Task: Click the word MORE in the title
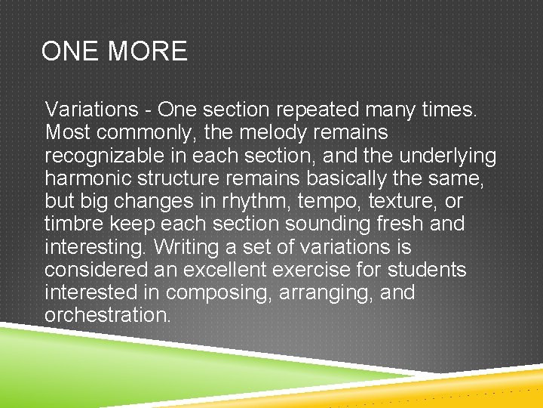149,51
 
